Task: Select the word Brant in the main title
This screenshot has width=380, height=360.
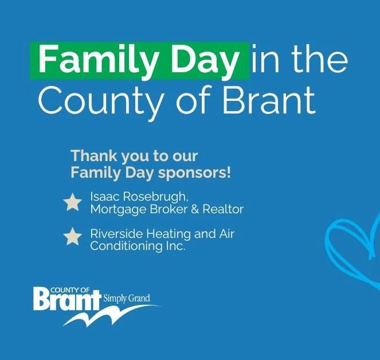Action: click(269, 99)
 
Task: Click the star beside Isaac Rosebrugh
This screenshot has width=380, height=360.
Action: click(72, 202)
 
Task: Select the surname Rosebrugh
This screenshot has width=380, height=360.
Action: click(155, 197)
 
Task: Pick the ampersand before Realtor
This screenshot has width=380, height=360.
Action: click(195, 209)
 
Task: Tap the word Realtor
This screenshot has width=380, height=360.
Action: click(223, 209)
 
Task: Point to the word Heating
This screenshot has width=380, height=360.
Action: click(169, 234)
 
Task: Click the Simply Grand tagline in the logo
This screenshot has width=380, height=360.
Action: click(127, 298)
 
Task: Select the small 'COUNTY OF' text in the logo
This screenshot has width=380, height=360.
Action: click(70, 290)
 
